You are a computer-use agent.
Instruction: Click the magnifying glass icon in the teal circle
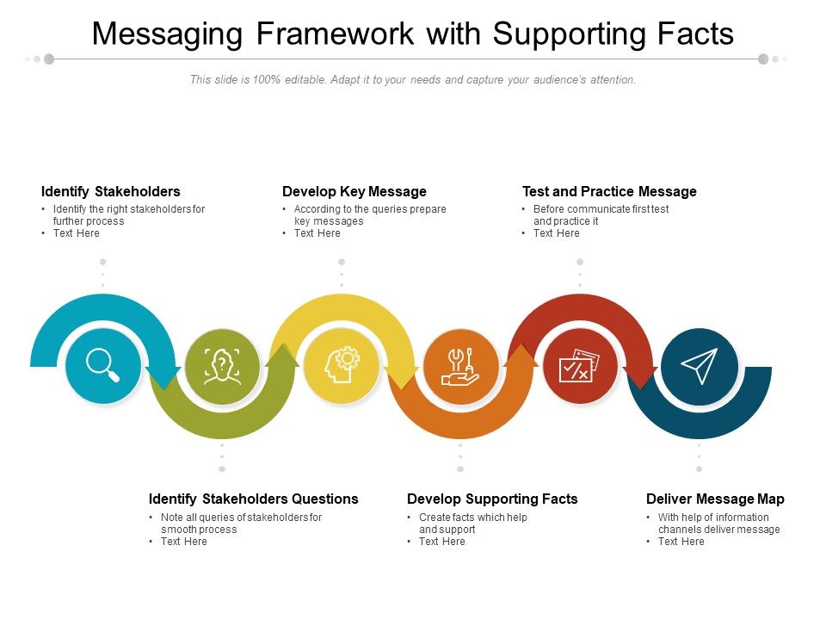[102, 365]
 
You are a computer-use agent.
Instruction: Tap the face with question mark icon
[222, 366]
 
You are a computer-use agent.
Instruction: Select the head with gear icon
[342, 366]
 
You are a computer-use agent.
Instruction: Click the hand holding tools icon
[460, 366]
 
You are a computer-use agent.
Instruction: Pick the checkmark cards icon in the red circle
[580, 366]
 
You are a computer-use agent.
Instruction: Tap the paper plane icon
[699, 366]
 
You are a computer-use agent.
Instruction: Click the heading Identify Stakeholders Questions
[253, 499]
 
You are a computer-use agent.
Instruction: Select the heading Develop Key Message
[354, 191]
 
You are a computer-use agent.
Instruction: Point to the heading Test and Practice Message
[609, 191]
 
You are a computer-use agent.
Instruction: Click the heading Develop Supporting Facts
[492, 499]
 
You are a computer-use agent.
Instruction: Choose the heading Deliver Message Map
[715, 499]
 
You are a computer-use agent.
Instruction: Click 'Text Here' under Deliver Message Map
[681, 542]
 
